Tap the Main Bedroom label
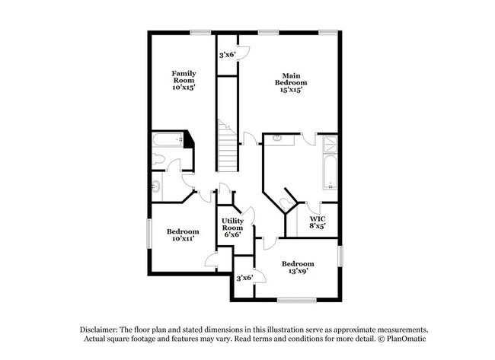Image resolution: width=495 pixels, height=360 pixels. pos(290,82)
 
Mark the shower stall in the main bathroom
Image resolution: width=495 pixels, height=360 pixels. pos(329,145)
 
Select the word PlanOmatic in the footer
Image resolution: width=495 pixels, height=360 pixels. pos(395,338)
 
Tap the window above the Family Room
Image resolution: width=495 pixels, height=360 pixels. pos(200,32)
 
